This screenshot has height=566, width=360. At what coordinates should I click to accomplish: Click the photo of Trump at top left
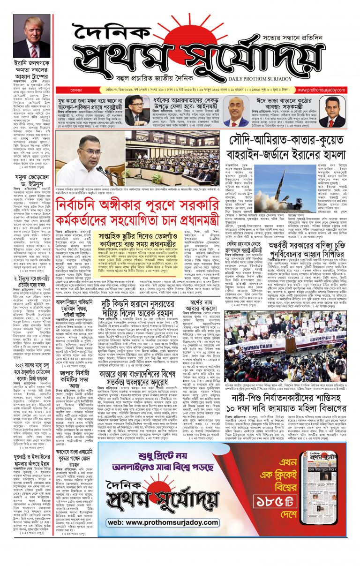[x=32, y=36]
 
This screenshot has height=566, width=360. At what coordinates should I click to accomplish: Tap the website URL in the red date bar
[x=326, y=88]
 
